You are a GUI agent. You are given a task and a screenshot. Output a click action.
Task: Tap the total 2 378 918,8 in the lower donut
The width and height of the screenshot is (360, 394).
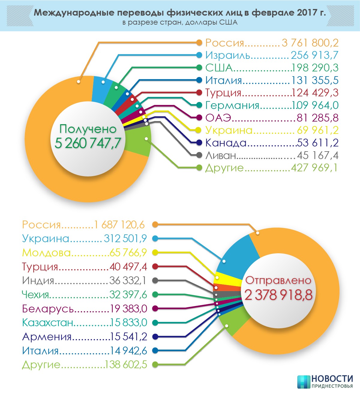278,295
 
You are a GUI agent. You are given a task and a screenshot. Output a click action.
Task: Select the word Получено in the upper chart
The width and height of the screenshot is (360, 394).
88,129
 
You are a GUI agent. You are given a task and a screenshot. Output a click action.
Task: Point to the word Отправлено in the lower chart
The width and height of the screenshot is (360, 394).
278,280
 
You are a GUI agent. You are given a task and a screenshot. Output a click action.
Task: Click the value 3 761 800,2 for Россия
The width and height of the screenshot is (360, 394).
310,43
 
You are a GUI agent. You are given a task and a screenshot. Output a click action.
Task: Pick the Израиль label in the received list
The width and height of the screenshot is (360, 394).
228,55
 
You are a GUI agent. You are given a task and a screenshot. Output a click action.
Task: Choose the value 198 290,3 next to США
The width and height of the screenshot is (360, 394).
315,68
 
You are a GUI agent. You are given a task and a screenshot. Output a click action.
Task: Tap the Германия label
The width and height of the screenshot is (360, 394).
232,105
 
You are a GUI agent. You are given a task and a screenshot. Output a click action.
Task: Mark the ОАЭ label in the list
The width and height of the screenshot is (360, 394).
218,118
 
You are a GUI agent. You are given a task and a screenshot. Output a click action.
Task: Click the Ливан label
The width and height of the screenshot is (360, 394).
221,155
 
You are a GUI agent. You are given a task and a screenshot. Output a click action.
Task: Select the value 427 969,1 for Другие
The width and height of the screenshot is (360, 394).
314,167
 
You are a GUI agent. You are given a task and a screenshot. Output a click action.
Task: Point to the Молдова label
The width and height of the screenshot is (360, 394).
46,253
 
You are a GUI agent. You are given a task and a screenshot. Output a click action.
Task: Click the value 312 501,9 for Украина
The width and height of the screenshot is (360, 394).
125,239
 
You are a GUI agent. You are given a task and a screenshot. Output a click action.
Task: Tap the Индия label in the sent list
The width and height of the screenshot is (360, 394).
38,281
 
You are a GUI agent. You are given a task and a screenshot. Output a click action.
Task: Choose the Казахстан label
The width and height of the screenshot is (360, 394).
48,323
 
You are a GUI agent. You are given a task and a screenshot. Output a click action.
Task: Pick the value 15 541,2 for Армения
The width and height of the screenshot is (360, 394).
129,337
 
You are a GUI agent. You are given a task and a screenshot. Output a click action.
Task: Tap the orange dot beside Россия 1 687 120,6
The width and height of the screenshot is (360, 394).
155,224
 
